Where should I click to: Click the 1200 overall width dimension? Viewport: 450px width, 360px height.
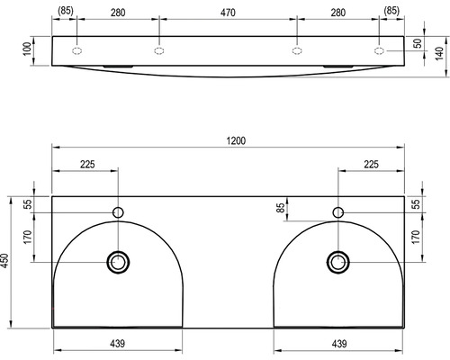click(236, 140)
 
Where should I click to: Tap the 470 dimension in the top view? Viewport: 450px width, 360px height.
click(228, 13)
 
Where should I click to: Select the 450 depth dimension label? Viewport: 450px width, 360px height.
click(4, 262)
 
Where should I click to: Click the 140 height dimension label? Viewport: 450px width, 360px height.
click(439, 54)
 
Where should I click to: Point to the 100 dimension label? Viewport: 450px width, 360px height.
click(27, 49)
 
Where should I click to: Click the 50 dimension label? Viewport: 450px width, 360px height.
click(418, 43)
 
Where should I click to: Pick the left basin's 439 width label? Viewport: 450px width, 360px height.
click(117, 344)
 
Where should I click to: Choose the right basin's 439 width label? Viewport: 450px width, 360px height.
click(339, 344)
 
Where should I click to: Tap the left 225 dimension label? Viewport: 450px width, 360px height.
click(87, 165)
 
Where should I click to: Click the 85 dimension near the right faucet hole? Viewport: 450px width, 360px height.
click(280, 208)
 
